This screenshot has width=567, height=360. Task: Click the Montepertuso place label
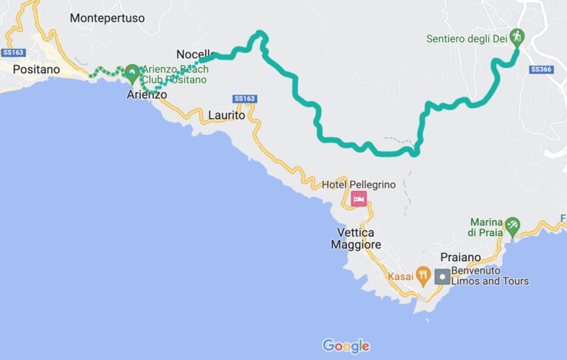click(108, 18)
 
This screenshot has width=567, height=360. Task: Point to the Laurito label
click(227, 115)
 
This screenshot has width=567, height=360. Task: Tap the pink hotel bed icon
click(359, 198)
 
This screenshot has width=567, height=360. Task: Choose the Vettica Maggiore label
click(356, 238)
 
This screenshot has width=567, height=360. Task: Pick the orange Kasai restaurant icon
click(422, 276)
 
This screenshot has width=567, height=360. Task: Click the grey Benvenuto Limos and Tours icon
click(442, 277)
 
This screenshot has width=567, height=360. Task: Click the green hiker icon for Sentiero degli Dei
click(517, 36)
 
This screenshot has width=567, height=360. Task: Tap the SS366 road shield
click(540, 69)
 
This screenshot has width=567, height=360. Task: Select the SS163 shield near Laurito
click(244, 98)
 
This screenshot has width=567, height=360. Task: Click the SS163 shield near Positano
click(13, 52)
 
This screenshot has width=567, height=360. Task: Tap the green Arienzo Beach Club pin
click(132, 72)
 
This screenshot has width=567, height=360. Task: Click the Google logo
click(346, 345)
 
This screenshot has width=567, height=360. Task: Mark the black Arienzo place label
click(147, 95)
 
